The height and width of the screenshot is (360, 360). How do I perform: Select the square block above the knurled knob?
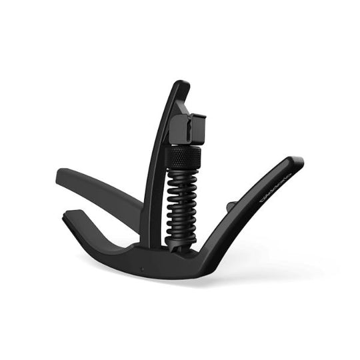pyautogui.click(x=189, y=129)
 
